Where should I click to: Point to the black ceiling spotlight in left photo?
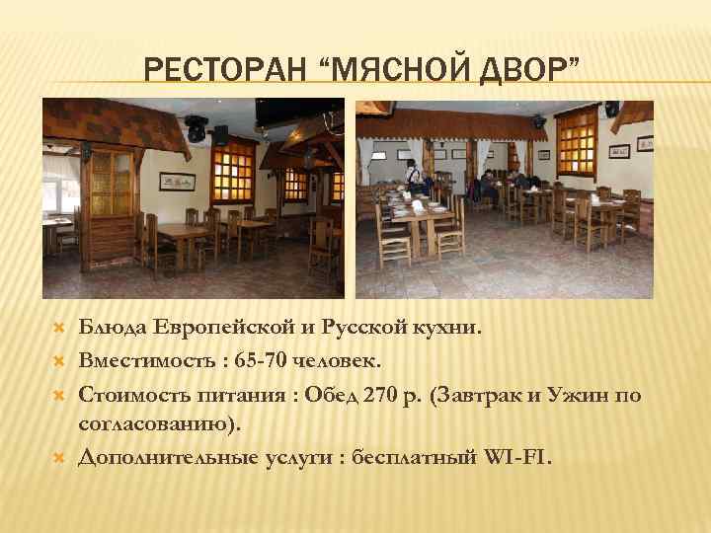tap(197, 125)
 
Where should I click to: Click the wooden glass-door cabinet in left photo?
tap(110, 212)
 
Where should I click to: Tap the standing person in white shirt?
tap(413, 178)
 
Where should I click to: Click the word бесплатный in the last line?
tap(410, 458)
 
